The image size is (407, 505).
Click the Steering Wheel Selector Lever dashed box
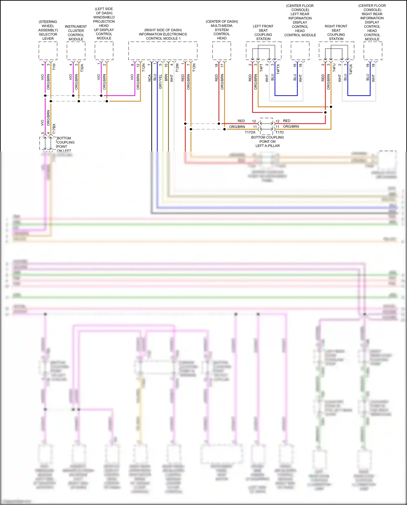point(48,51)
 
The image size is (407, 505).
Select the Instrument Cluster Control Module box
point(76,51)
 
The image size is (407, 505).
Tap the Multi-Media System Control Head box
point(222,51)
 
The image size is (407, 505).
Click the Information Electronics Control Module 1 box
point(163,51)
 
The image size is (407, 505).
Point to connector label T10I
point(54,67)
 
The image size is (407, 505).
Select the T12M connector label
point(177,68)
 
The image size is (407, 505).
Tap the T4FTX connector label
point(278,69)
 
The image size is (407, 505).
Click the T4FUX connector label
point(351,69)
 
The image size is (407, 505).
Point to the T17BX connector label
point(54,129)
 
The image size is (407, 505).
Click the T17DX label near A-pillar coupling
point(250,132)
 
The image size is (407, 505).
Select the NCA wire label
point(150,78)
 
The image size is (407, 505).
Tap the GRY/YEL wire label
point(160,81)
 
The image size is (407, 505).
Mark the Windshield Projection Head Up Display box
point(104,51)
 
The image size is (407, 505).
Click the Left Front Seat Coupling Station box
point(263,51)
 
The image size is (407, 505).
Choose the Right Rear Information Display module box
point(373,51)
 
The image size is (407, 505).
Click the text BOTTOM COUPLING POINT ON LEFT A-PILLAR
point(268,141)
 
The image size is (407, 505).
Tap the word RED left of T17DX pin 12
point(241,121)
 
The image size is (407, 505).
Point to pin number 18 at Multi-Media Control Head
point(216,65)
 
